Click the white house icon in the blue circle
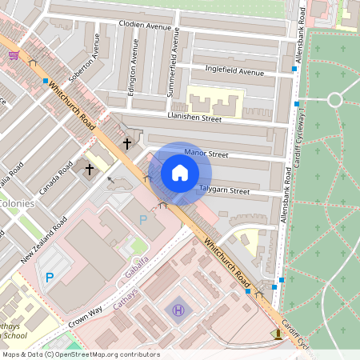pyautogui.click(x=180, y=172)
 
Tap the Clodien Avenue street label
pyautogui.click(x=146, y=25)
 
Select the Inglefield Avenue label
pyautogui.click(x=234, y=72)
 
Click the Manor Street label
pyautogui.click(x=206, y=153)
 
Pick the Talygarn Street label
pyautogui.click(x=224, y=191)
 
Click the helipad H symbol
pyautogui.click(x=178, y=310)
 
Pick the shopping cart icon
pyautogui.click(x=14, y=55)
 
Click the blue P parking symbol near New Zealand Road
pyautogui.click(x=49, y=278)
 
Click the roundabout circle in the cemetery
pyautogui.click(x=334, y=100)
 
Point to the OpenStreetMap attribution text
pyautogui.click(x=80, y=354)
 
